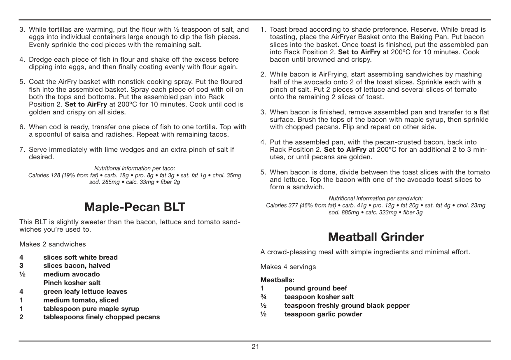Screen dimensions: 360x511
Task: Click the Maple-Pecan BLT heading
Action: (x=135, y=207)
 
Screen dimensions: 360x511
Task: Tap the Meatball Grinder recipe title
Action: (x=376, y=237)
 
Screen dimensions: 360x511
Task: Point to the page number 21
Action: (x=255, y=346)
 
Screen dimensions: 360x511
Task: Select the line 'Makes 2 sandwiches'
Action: (x=53, y=244)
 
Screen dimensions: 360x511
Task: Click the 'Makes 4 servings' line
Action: (x=288, y=267)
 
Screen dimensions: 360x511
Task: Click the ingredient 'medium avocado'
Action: (x=72, y=274)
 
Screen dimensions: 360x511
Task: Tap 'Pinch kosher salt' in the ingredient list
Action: (x=72, y=283)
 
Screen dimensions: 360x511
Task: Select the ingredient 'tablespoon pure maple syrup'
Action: (x=91, y=309)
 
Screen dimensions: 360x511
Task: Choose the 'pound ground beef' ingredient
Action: (x=315, y=288)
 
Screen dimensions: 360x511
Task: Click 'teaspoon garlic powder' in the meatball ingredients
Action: (x=323, y=314)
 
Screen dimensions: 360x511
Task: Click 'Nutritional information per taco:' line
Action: (x=135, y=168)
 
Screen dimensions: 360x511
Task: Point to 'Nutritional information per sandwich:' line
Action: (x=376, y=198)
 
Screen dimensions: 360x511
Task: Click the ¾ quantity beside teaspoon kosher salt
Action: (x=263, y=297)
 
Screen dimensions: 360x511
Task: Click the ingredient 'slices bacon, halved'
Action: (x=77, y=265)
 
